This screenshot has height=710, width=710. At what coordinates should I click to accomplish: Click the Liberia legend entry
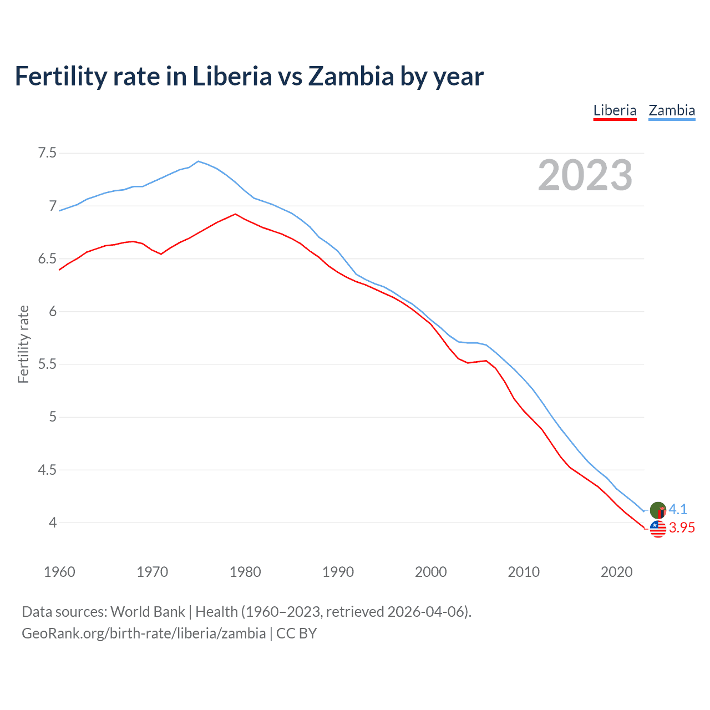(x=615, y=110)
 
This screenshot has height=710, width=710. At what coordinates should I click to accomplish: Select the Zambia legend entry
(x=672, y=110)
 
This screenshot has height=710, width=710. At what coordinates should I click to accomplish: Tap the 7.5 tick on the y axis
(x=47, y=153)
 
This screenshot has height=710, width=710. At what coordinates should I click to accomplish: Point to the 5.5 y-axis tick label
(x=47, y=364)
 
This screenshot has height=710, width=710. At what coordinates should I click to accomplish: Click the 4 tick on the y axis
(x=53, y=523)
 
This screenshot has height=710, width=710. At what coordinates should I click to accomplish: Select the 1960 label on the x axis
(x=59, y=572)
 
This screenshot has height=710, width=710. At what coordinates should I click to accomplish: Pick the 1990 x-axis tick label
(x=338, y=572)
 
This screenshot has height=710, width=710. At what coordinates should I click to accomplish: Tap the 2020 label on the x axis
(x=616, y=572)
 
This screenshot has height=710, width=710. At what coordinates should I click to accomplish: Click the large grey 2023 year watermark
(x=585, y=175)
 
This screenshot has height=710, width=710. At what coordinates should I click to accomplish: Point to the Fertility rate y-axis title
(x=23, y=344)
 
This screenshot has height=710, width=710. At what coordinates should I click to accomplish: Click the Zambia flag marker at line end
(x=658, y=510)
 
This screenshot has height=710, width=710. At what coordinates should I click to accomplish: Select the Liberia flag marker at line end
(x=658, y=529)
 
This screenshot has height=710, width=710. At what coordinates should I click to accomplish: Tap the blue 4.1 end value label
(x=678, y=509)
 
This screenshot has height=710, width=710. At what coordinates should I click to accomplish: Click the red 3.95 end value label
(x=682, y=528)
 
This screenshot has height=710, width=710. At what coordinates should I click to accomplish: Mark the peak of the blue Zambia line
(x=199, y=161)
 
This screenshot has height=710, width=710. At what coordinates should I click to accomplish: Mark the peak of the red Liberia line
(x=236, y=214)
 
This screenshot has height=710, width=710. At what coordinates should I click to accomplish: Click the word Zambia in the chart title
(x=351, y=76)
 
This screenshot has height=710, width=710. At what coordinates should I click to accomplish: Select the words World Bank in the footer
(x=148, y=612)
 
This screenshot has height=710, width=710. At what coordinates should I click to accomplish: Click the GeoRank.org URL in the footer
(x=144, y=633)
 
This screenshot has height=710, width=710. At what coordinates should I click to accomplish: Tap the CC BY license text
(x=296, y=633)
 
